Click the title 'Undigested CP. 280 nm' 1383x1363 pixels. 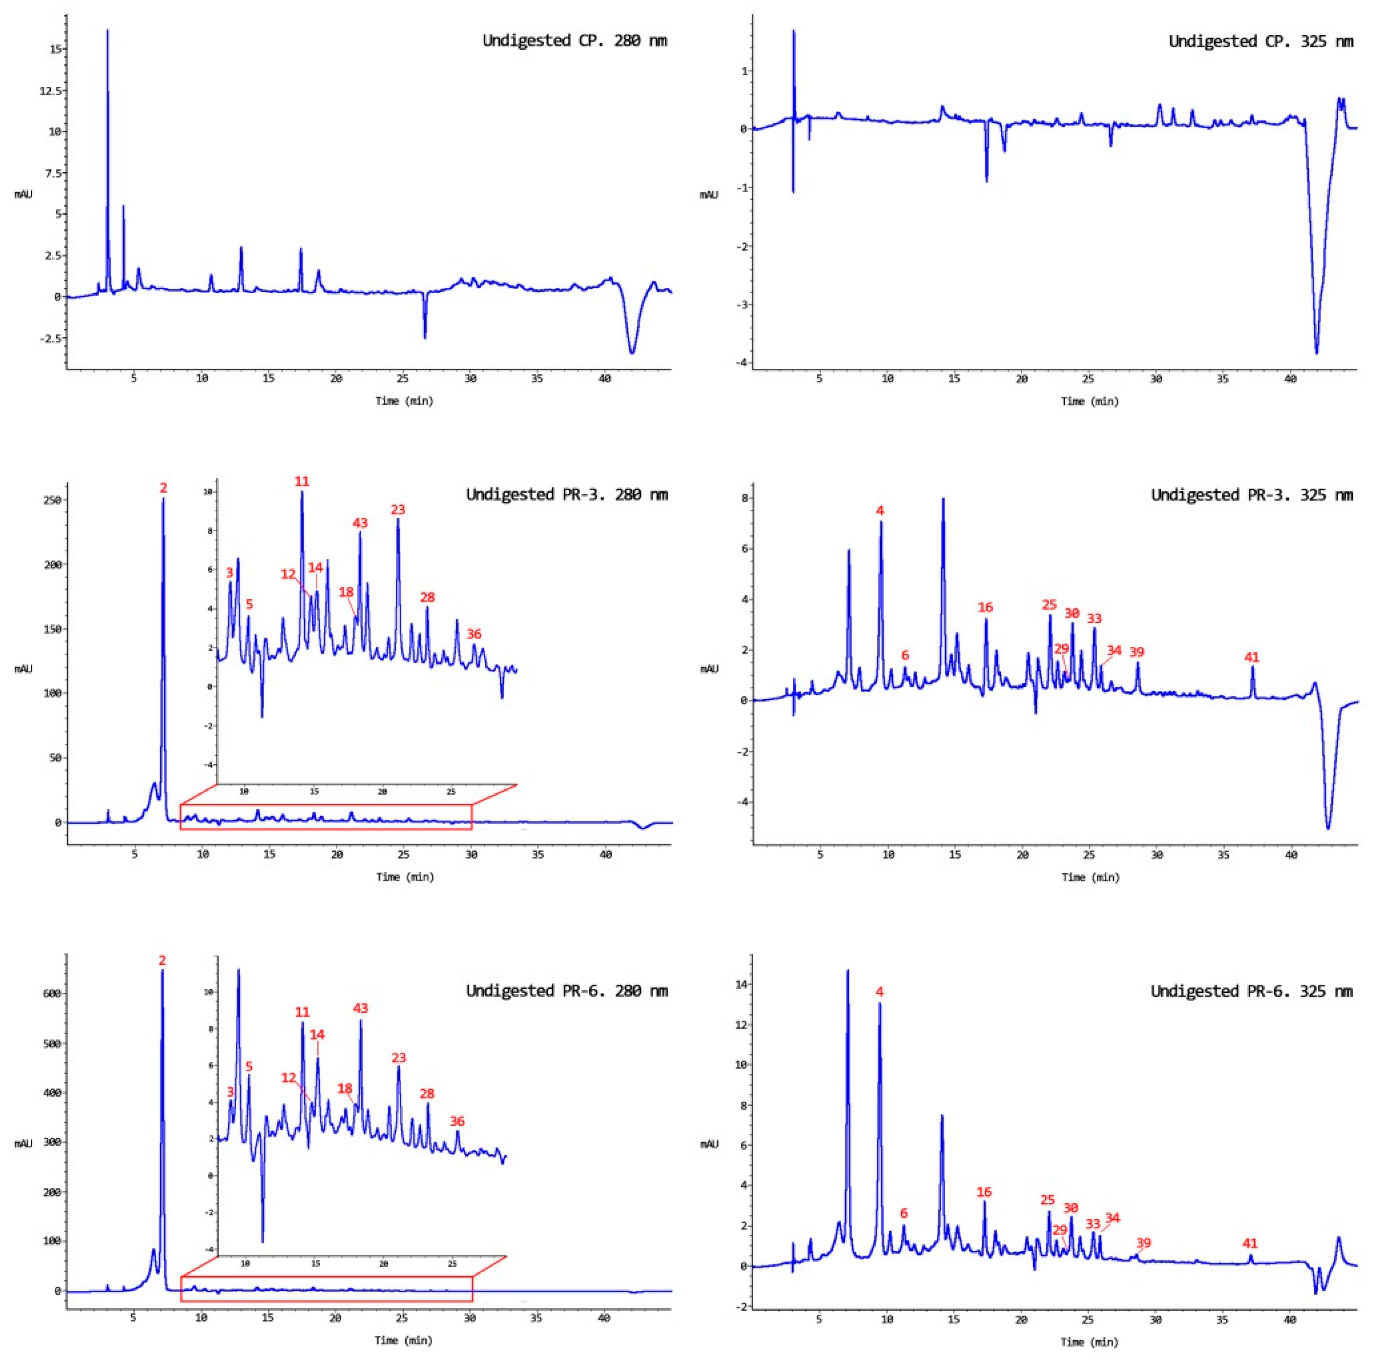click(574, 41)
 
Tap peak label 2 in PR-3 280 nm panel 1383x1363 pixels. click(163, 488)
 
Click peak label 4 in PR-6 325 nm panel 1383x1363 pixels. click(879, 992)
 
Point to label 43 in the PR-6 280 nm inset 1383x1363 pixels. click(360, 1008)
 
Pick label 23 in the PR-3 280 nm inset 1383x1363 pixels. click(398, 509)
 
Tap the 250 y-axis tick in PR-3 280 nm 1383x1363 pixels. click(52, 500)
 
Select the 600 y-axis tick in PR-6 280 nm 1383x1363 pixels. click(52, 993)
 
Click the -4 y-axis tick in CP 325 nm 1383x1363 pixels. click(740, 363)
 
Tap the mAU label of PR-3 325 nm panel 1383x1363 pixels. click(709, 668)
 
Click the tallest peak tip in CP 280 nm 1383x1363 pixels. click(107, 31)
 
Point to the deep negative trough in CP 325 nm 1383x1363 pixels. click(1316, 352)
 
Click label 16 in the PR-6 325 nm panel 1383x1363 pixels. click(984, 1192)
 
